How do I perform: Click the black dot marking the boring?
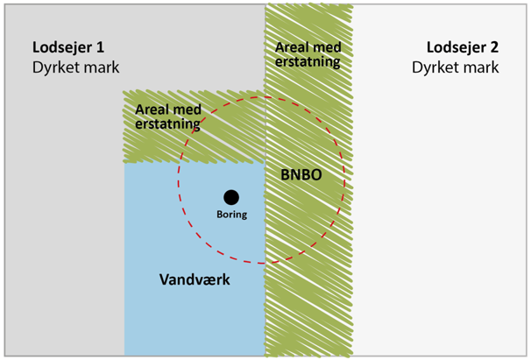(230, 197)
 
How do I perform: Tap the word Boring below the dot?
(232, 214)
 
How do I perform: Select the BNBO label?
(301, 174)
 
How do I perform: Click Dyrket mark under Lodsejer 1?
(76, 67)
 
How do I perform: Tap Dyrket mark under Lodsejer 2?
(456, 67)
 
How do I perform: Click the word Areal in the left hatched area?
(152, 110)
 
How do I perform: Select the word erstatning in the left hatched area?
(167, 124)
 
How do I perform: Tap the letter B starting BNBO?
(286, 174)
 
